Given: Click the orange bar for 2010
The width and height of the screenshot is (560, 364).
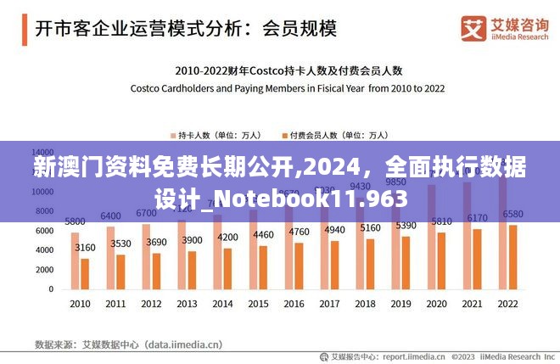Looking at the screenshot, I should [85, 273].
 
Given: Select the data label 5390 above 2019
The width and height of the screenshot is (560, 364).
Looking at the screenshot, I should [406, 226].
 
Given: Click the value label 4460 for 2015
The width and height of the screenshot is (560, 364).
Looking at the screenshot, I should [263, 235].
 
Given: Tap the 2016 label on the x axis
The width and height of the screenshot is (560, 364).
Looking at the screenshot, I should [294, 304].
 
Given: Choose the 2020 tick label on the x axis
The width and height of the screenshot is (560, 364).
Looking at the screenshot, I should [436, 304].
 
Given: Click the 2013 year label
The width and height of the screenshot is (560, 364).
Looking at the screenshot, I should [187, 304].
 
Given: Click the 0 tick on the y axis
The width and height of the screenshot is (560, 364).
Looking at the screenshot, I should [51, 289].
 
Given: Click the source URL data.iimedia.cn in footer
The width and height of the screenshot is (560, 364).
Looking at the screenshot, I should [182, 345].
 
